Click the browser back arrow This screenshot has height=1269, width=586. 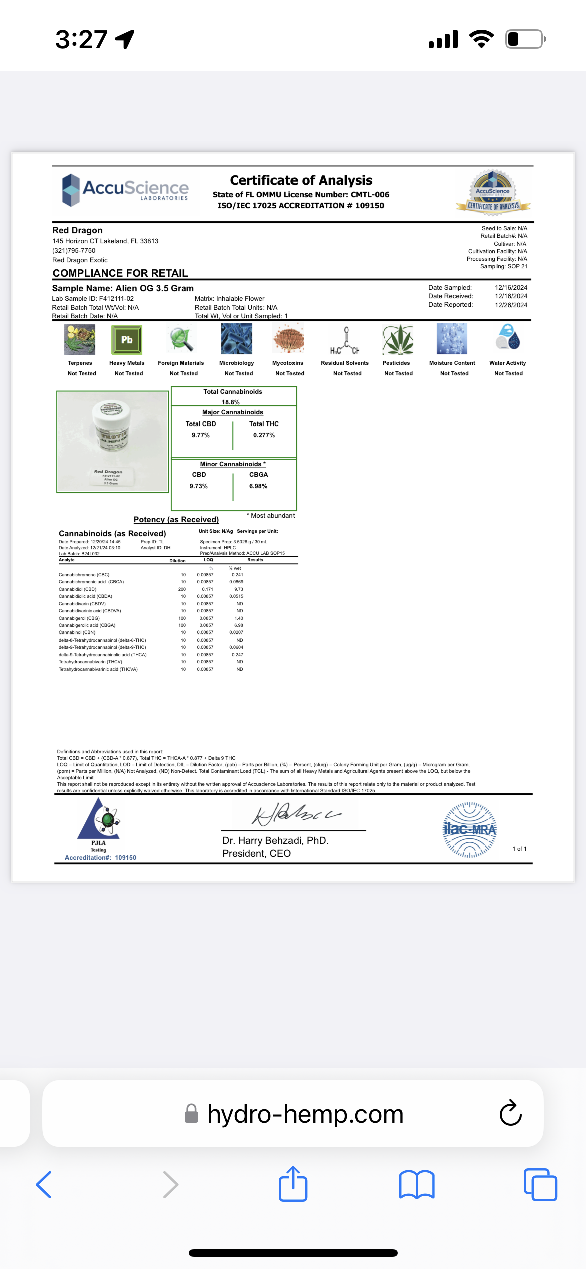tap(44, 1185)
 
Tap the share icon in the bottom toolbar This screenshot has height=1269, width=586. tap(293, 1184)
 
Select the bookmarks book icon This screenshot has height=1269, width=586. tap(417, 1185)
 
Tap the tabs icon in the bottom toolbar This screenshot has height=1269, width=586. tap(540, 1185)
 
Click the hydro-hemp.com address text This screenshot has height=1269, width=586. tap(305, 1114)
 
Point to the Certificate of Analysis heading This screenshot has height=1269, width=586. tap(301, 180)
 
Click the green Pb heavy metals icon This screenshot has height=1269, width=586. tap(127, 340)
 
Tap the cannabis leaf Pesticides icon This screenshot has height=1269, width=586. tap(398, 340)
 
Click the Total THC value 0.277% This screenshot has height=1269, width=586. tap(264, 435)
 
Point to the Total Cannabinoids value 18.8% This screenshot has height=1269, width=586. tap(231, 402)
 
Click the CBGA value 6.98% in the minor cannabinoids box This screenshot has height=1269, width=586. tap(258, 486)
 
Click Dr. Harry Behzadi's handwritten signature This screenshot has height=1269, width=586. tap(296, 814)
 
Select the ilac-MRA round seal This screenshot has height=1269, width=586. tap(470, 830)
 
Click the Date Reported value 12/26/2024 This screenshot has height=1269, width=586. tap(511, 305)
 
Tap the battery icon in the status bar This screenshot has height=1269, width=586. tap(525, 39)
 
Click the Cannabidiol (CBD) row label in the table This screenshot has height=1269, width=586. tap(77, 589)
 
